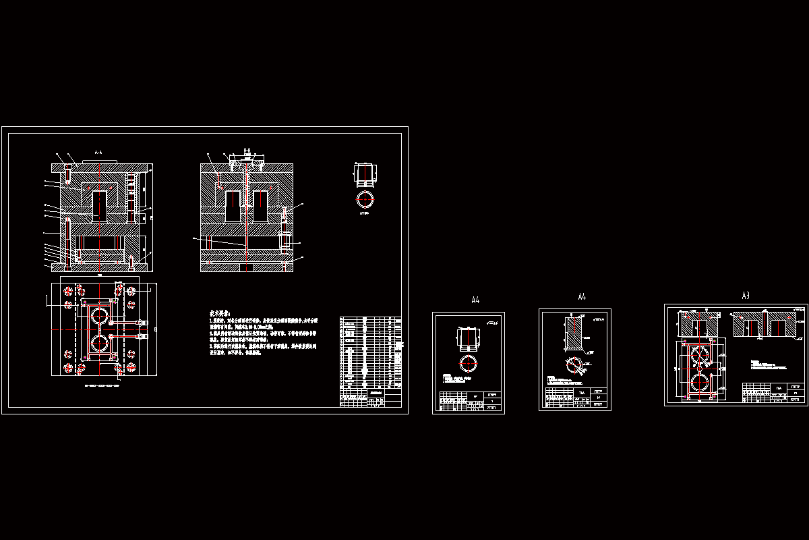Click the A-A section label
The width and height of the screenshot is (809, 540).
98,153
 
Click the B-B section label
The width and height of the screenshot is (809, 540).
247,151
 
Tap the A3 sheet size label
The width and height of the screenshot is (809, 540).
746,296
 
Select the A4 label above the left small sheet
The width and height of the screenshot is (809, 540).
475,300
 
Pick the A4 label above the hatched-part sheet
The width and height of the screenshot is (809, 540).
582,297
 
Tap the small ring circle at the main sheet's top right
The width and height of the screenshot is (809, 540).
365,199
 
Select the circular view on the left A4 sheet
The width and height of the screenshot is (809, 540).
469,362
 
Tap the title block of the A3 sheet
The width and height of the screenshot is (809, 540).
773,393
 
